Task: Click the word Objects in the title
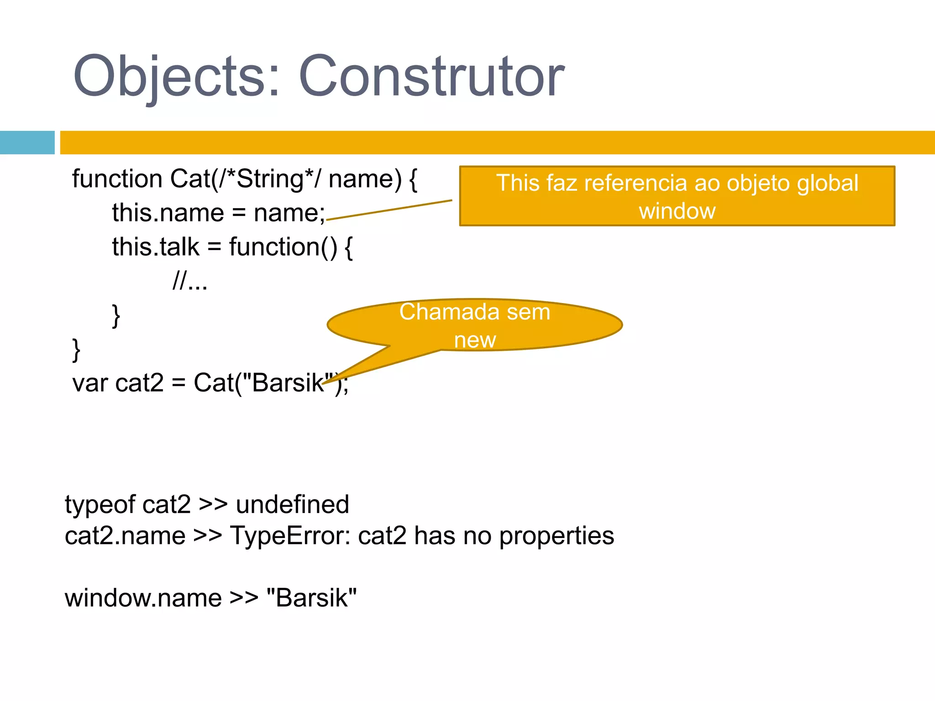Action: [x=169, y=77]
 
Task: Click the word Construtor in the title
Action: [x=431, y=77]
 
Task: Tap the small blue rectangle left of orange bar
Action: [x=27, y=142]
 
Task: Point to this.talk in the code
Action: [x=156, y=247]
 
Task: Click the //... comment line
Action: [x=190, y=281]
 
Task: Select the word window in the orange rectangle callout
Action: [x=677, y=211]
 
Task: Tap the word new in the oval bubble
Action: [x=475, y=340]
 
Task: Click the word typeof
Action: [x=100, y=505]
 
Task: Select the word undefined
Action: [x=292, y=505]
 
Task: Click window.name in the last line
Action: [x=143, y=598]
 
